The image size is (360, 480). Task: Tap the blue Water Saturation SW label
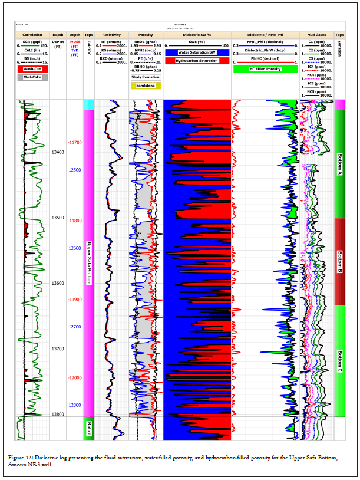pos(197,52)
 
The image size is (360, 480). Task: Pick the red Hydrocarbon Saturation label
pos(197,61)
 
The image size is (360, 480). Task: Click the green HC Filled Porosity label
pos(265,69)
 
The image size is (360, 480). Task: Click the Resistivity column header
pos(111,35)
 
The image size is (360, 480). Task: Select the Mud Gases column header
pos(316,35)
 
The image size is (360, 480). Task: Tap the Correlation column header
pos(32,35)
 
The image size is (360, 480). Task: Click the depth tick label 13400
pos(58,152)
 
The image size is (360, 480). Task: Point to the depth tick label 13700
pos(58,349)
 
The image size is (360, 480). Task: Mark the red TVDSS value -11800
pos(75,221)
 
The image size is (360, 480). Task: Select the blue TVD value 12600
pos(75,248)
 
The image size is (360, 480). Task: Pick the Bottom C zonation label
pos(339,361)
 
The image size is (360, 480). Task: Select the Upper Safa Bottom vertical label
pos(89,263)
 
